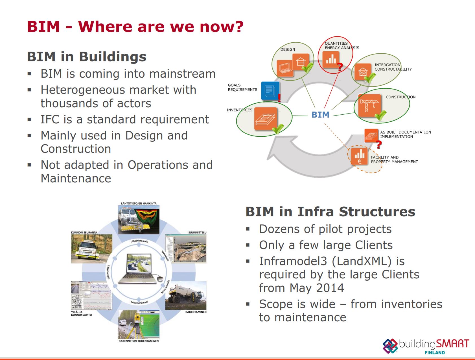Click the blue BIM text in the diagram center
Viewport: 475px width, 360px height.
pos(320,115)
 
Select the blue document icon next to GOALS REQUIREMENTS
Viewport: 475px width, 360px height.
pos(270,91)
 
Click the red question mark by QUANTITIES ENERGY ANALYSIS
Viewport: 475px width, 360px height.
pos(340,67)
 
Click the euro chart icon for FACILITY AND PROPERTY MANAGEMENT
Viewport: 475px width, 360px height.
pos(359,156)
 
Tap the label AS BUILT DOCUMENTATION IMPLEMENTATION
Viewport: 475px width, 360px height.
pos(405,134)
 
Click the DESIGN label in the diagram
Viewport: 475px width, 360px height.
pos(288,49)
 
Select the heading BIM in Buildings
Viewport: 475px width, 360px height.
pos(87,56)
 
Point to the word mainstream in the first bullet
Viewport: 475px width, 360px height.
pos(182,74)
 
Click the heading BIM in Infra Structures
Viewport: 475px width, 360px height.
pos(330,212)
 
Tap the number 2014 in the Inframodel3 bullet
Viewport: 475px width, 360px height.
pos(330,288)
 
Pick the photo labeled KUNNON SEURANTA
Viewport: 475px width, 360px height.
pos(91,248)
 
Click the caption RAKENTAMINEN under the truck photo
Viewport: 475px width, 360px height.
pos(196,312)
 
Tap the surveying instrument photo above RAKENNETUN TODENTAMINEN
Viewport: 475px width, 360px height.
pos(139,324)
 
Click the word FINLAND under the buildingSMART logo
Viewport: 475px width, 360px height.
pos(435,353)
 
